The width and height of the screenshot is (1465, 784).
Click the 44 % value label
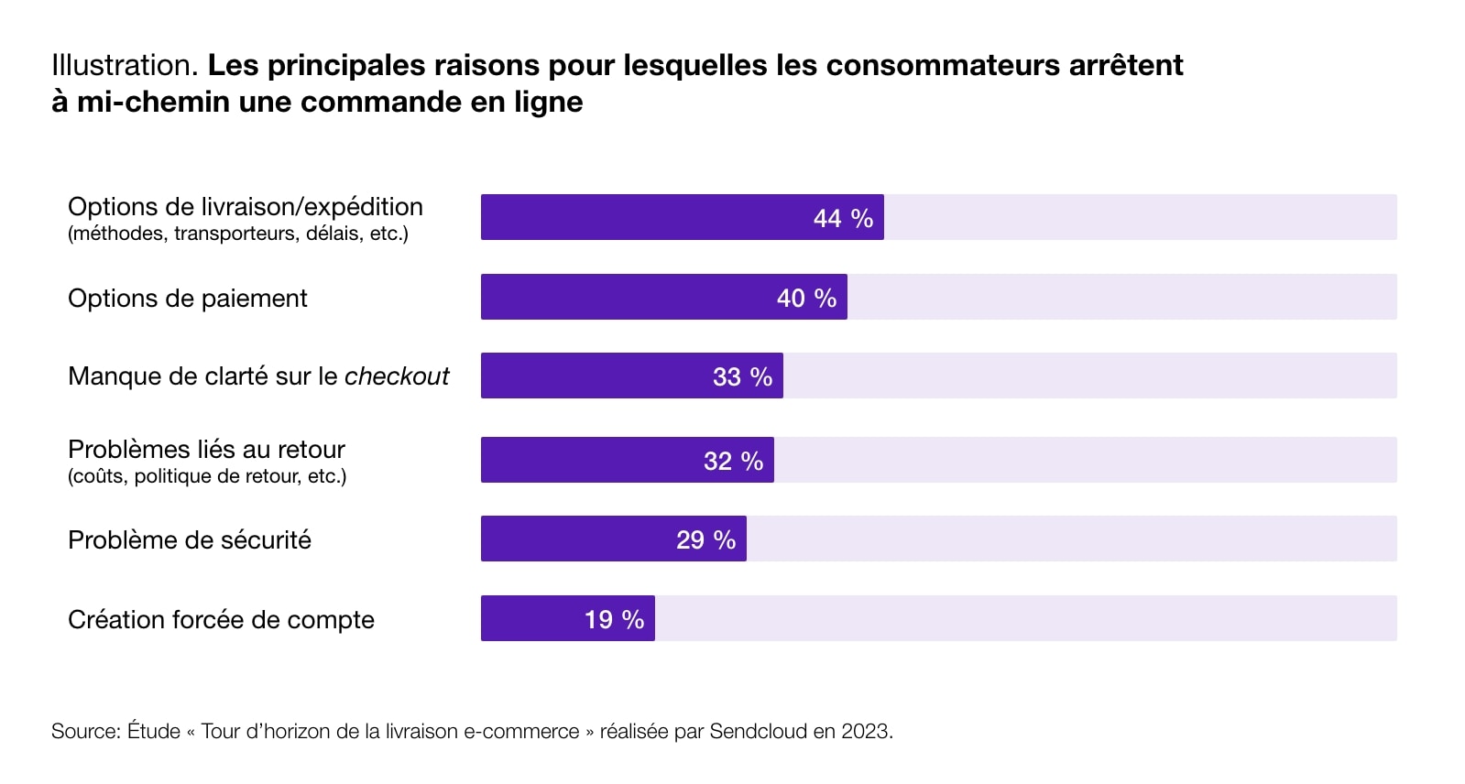click(843, 219)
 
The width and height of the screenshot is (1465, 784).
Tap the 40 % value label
click(806, 299)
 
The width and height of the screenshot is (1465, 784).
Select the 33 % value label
click(742, 377)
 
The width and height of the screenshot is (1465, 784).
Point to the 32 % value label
click(733, 462)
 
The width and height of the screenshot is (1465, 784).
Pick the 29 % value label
click(705, 540)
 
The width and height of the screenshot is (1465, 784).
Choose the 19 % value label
click(614, 620)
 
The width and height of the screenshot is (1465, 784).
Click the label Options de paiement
click(188, 299)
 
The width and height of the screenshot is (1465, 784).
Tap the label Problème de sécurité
click(190, 540)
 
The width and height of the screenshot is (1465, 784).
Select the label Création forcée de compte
click(221, 620)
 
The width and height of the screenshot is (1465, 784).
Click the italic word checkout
click(397, 376)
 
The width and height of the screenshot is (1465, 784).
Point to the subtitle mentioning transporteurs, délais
click(238, 234)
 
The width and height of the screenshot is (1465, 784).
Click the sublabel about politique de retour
click(207, 476)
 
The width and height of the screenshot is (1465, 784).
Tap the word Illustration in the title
click(124, 65)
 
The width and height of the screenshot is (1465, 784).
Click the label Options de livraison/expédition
click(246, 207)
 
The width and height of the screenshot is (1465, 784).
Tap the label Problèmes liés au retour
click(206, 450)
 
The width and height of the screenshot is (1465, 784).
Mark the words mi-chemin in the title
click(153, 102)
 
